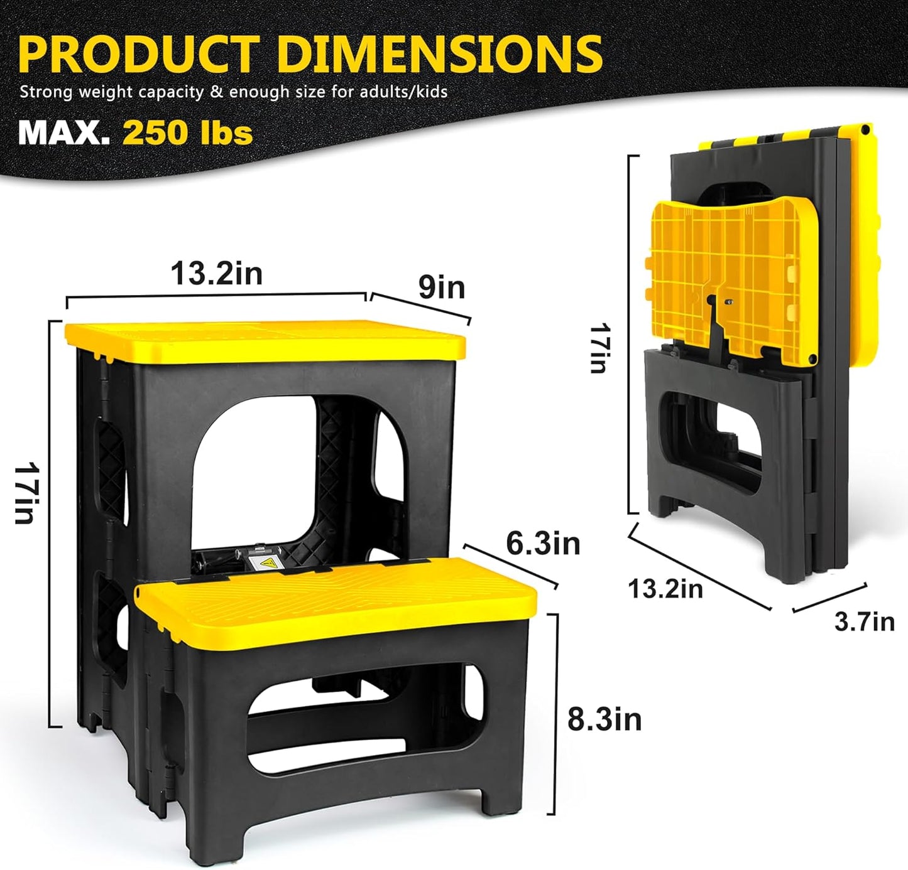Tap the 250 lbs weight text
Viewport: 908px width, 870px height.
pos(187,132)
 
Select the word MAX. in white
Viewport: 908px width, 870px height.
pos(64,132)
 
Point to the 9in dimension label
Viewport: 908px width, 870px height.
pos(442,287)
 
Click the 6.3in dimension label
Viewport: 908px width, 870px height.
pos(543,544)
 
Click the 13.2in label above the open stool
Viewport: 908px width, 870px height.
pos(217,274)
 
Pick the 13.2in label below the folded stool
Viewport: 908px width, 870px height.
pos(665,589)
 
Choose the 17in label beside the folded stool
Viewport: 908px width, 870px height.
pos(598,348)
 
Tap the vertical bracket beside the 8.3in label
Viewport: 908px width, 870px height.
pos(555,712)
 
